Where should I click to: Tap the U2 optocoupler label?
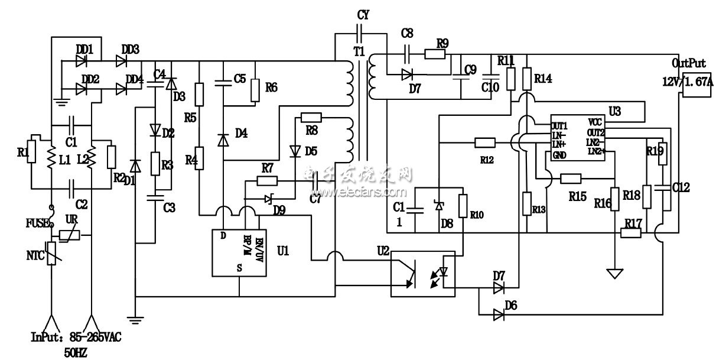pyautogui.click(x=382, y=251)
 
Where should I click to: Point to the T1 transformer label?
pyautogui.click(x=359, y=52)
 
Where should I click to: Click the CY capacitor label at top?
pyautogui.click(x=363, y=14)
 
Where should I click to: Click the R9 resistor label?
pyautogui.click(x=442, y=43)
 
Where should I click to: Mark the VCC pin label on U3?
pyautogui.click(x=595, y=122)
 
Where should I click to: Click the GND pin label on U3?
pyautogui.click(x=559, y=156)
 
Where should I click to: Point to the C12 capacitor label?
pyautogui.click(x=681, y=188)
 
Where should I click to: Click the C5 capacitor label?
pyautogui.click(x=239, y=78)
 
